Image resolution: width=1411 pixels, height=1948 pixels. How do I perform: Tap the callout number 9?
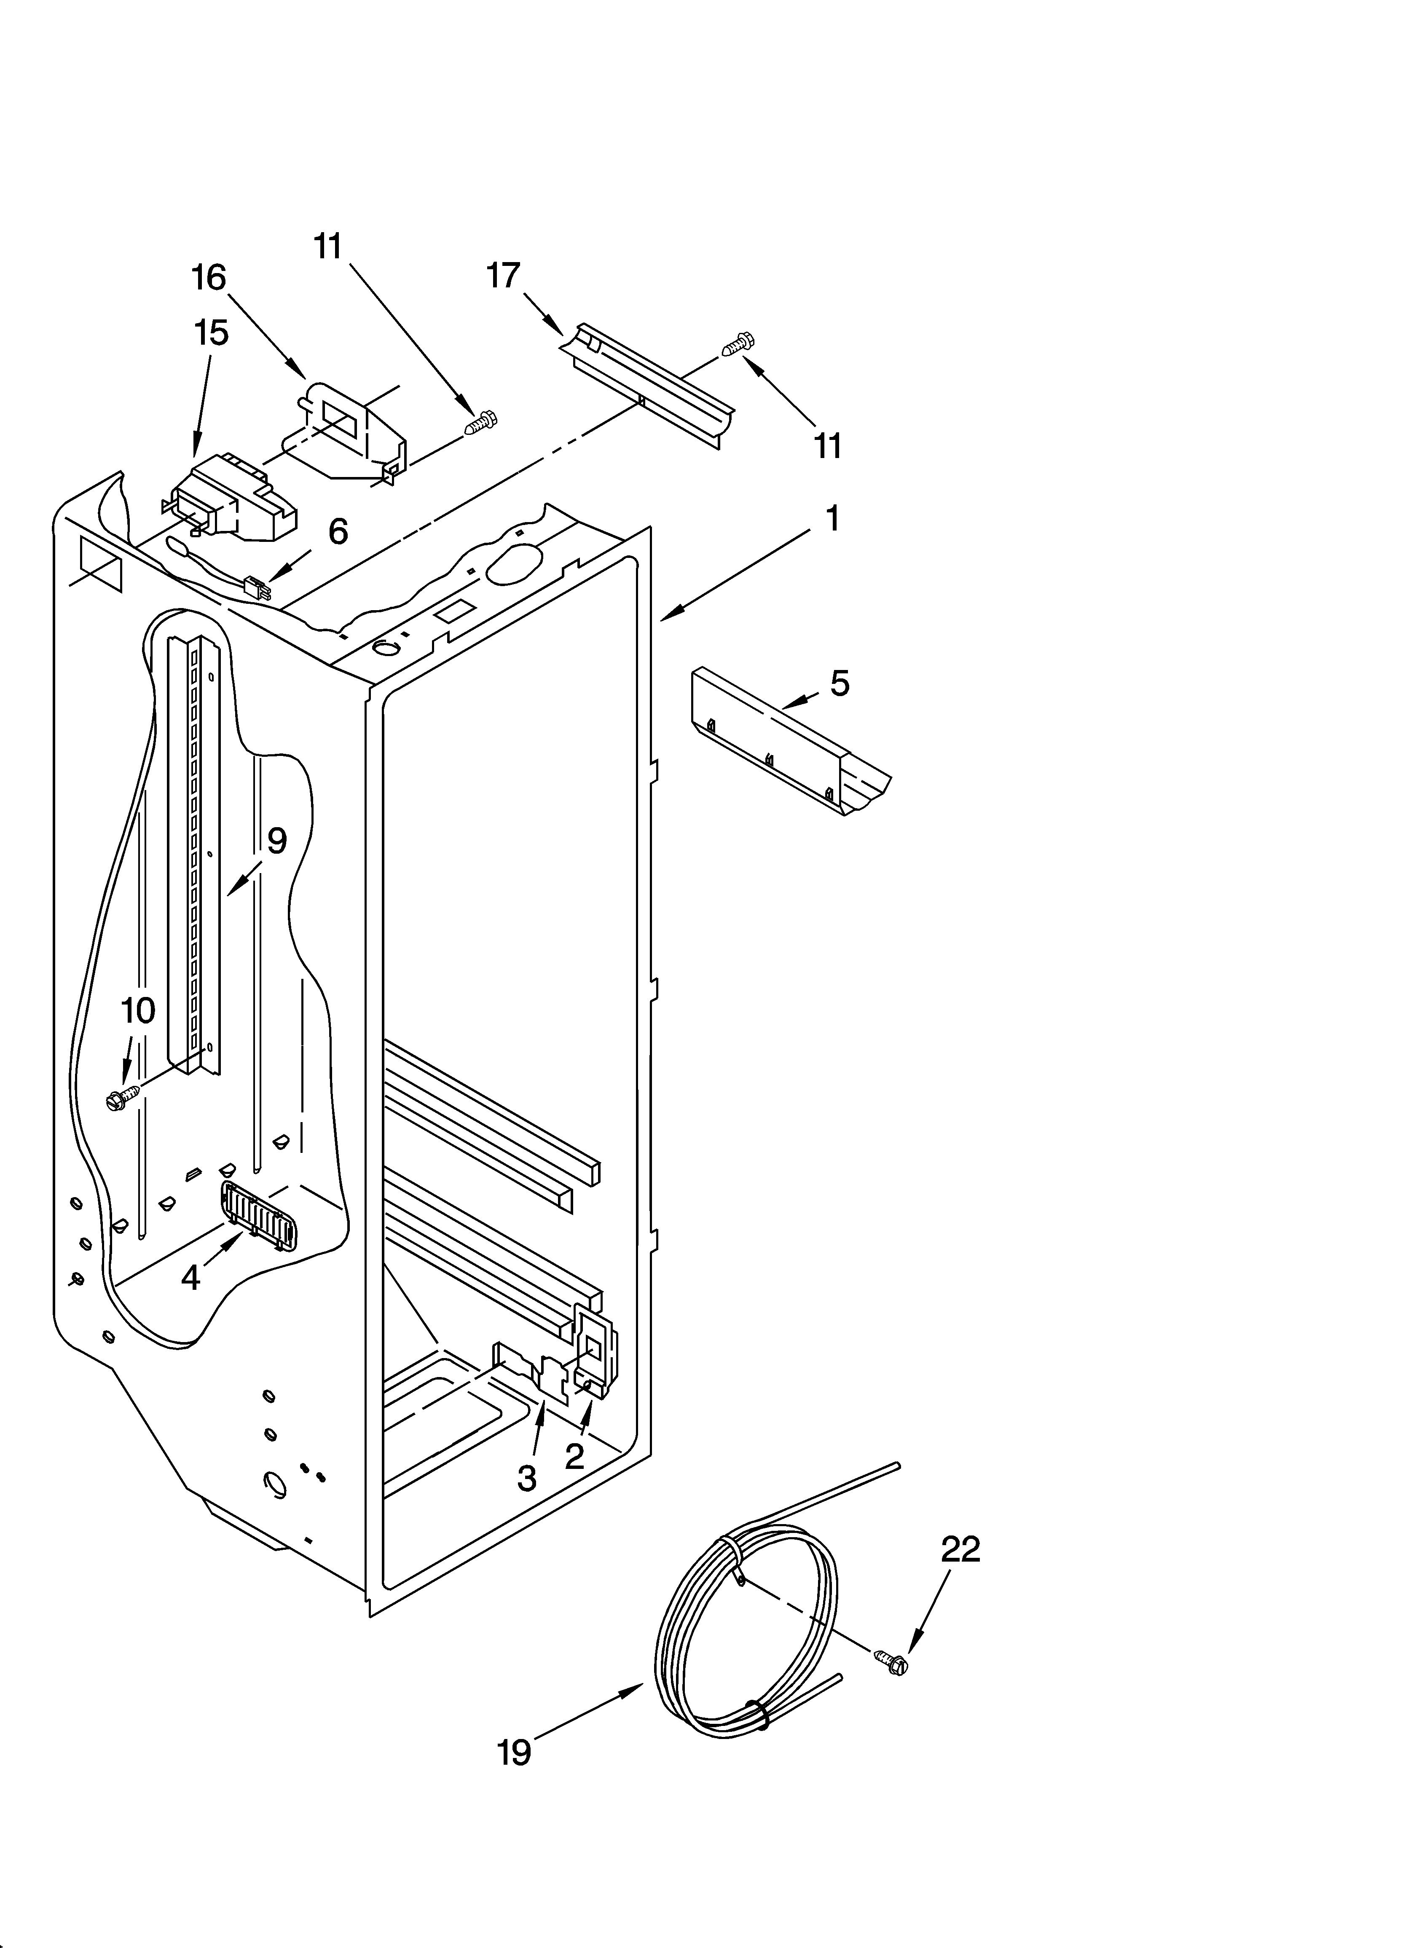pyautogui.click(x=276, y=841)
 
